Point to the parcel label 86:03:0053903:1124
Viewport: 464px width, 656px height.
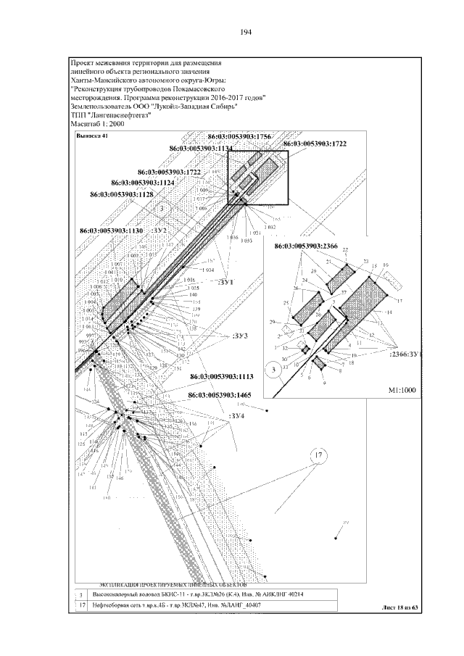(143, 183)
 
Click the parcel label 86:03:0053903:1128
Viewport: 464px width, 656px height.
(121, 194)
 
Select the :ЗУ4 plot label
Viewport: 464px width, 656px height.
(238, 416)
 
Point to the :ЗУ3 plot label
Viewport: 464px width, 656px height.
(240, 336)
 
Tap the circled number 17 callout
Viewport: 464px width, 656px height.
(317, 455)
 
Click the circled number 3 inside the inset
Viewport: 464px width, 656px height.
(273, 370)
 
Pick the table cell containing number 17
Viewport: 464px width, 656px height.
(81, 604)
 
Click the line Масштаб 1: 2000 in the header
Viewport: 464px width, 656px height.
(98, 124)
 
